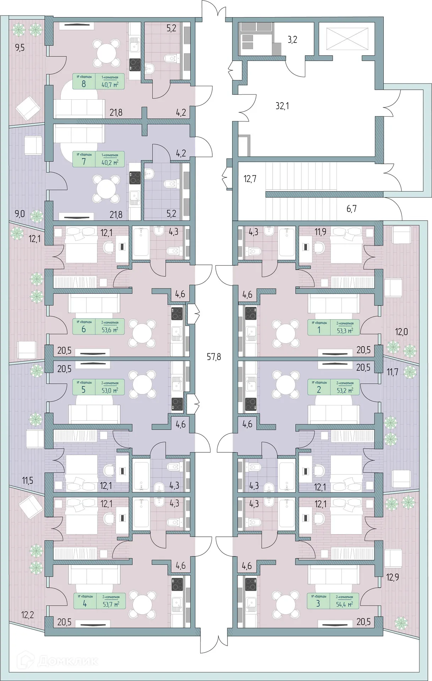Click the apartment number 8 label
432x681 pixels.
click(84, 84)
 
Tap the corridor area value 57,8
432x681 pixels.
click(214, 356)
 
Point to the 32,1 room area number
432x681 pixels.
click(282, 105)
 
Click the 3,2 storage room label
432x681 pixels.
click(292, 39)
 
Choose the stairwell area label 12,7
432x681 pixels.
click(250, 178)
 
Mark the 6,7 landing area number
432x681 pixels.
click(351, 209)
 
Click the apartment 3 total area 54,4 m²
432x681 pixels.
click(344, 604)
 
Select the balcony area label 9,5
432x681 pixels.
click(20, 48)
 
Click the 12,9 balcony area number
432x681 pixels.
click(393, 577)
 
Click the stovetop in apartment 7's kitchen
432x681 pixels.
click(135, 178)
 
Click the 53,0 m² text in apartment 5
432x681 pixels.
click(110, 390)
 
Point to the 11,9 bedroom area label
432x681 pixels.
click(321, 233)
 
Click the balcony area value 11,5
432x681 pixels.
click(27, 481)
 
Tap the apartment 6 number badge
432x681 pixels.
click(84, 329)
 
